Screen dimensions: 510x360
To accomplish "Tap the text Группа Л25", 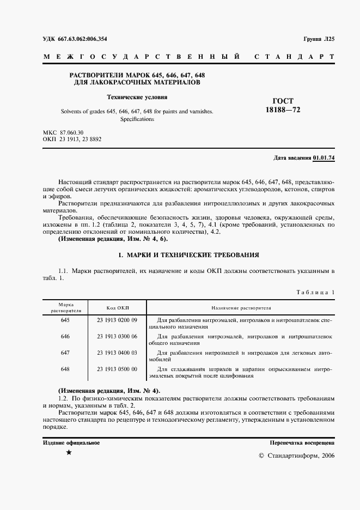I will [x=319, y=39].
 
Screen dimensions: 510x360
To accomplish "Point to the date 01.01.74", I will [x=324, y=158].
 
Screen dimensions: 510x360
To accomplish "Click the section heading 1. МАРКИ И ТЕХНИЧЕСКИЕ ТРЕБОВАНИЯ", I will [x=188, y=255].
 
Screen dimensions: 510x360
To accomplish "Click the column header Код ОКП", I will [x=117, y=308].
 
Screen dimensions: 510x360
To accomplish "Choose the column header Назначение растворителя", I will [x=241, y=308].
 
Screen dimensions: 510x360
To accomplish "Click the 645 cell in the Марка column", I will [x=65, y=320].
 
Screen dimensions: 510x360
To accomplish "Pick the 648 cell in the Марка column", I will [x=65, y=369].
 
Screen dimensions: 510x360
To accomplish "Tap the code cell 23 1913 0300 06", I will [x=117, y=337].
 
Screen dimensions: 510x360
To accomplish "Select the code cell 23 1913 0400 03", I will [x=117, y=353].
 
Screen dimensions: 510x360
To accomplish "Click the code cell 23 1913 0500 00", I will [x=117, y=369].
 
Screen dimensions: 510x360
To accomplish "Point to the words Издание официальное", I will [x=71, y=442].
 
